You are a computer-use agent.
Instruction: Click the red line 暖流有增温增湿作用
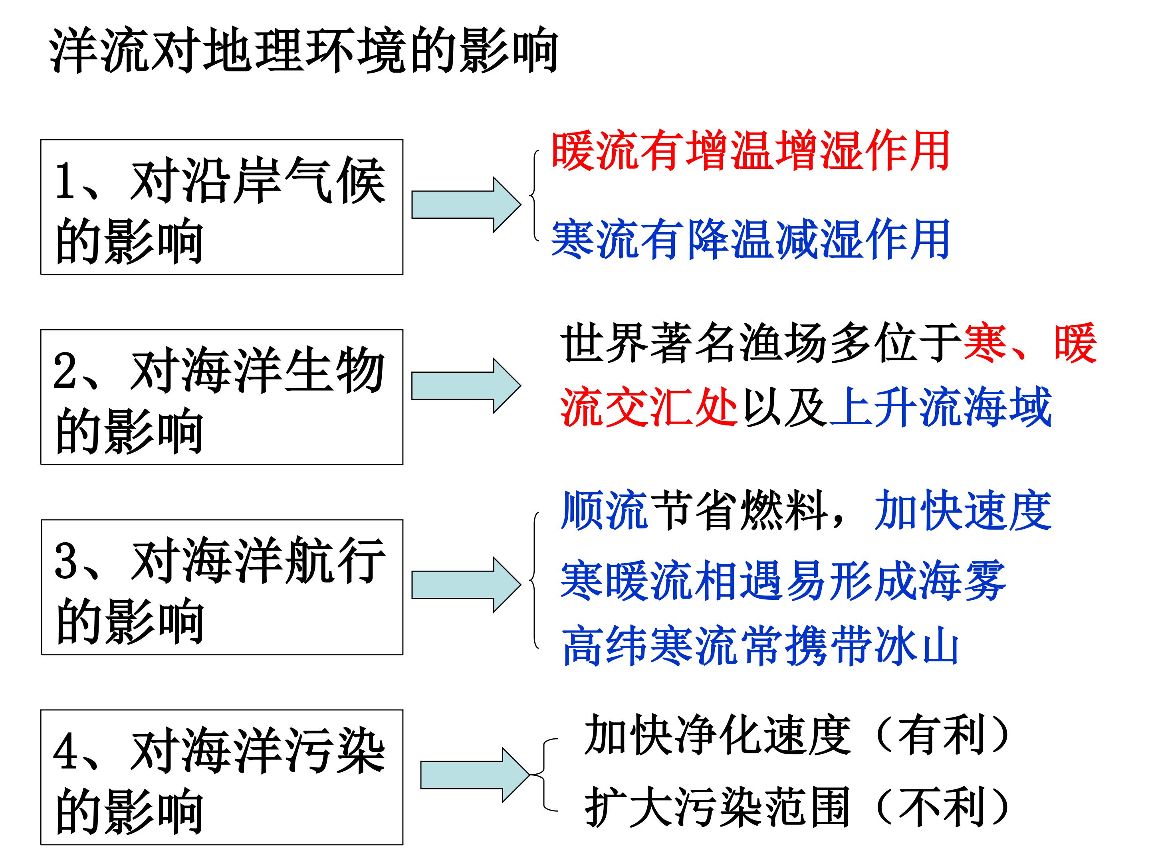point(750,151)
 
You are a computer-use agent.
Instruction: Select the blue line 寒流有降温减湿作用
point(750,239)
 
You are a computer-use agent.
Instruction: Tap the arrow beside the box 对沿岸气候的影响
point(465,205)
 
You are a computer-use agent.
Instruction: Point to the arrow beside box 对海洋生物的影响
point(465,386)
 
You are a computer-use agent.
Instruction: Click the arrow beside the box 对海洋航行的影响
point(465,585)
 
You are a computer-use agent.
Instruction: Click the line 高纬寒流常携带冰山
point(760,646)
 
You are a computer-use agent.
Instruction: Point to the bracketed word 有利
point(942,734)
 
